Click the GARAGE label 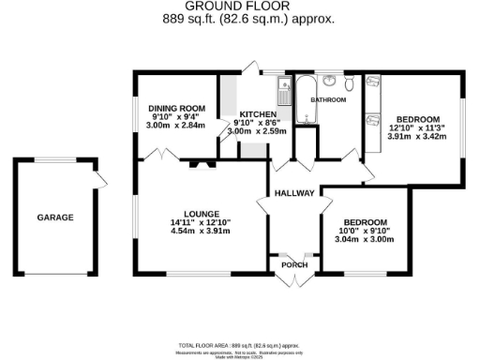[x=55, y=217]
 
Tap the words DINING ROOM [x=176, y=108]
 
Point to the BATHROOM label [x=329, y=99]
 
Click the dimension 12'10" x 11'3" [x=417, y=127]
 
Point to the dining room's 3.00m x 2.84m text [x=176, y=125]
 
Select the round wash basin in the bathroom [x=335, y=81]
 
